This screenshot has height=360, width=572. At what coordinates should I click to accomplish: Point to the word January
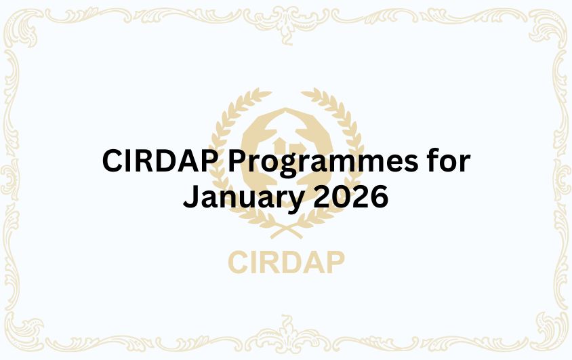click(x=245, y=198)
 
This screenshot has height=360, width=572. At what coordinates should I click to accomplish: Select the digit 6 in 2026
click(x=378, y=197)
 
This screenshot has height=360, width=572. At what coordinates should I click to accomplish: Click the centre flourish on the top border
click(x=286, y=15)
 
